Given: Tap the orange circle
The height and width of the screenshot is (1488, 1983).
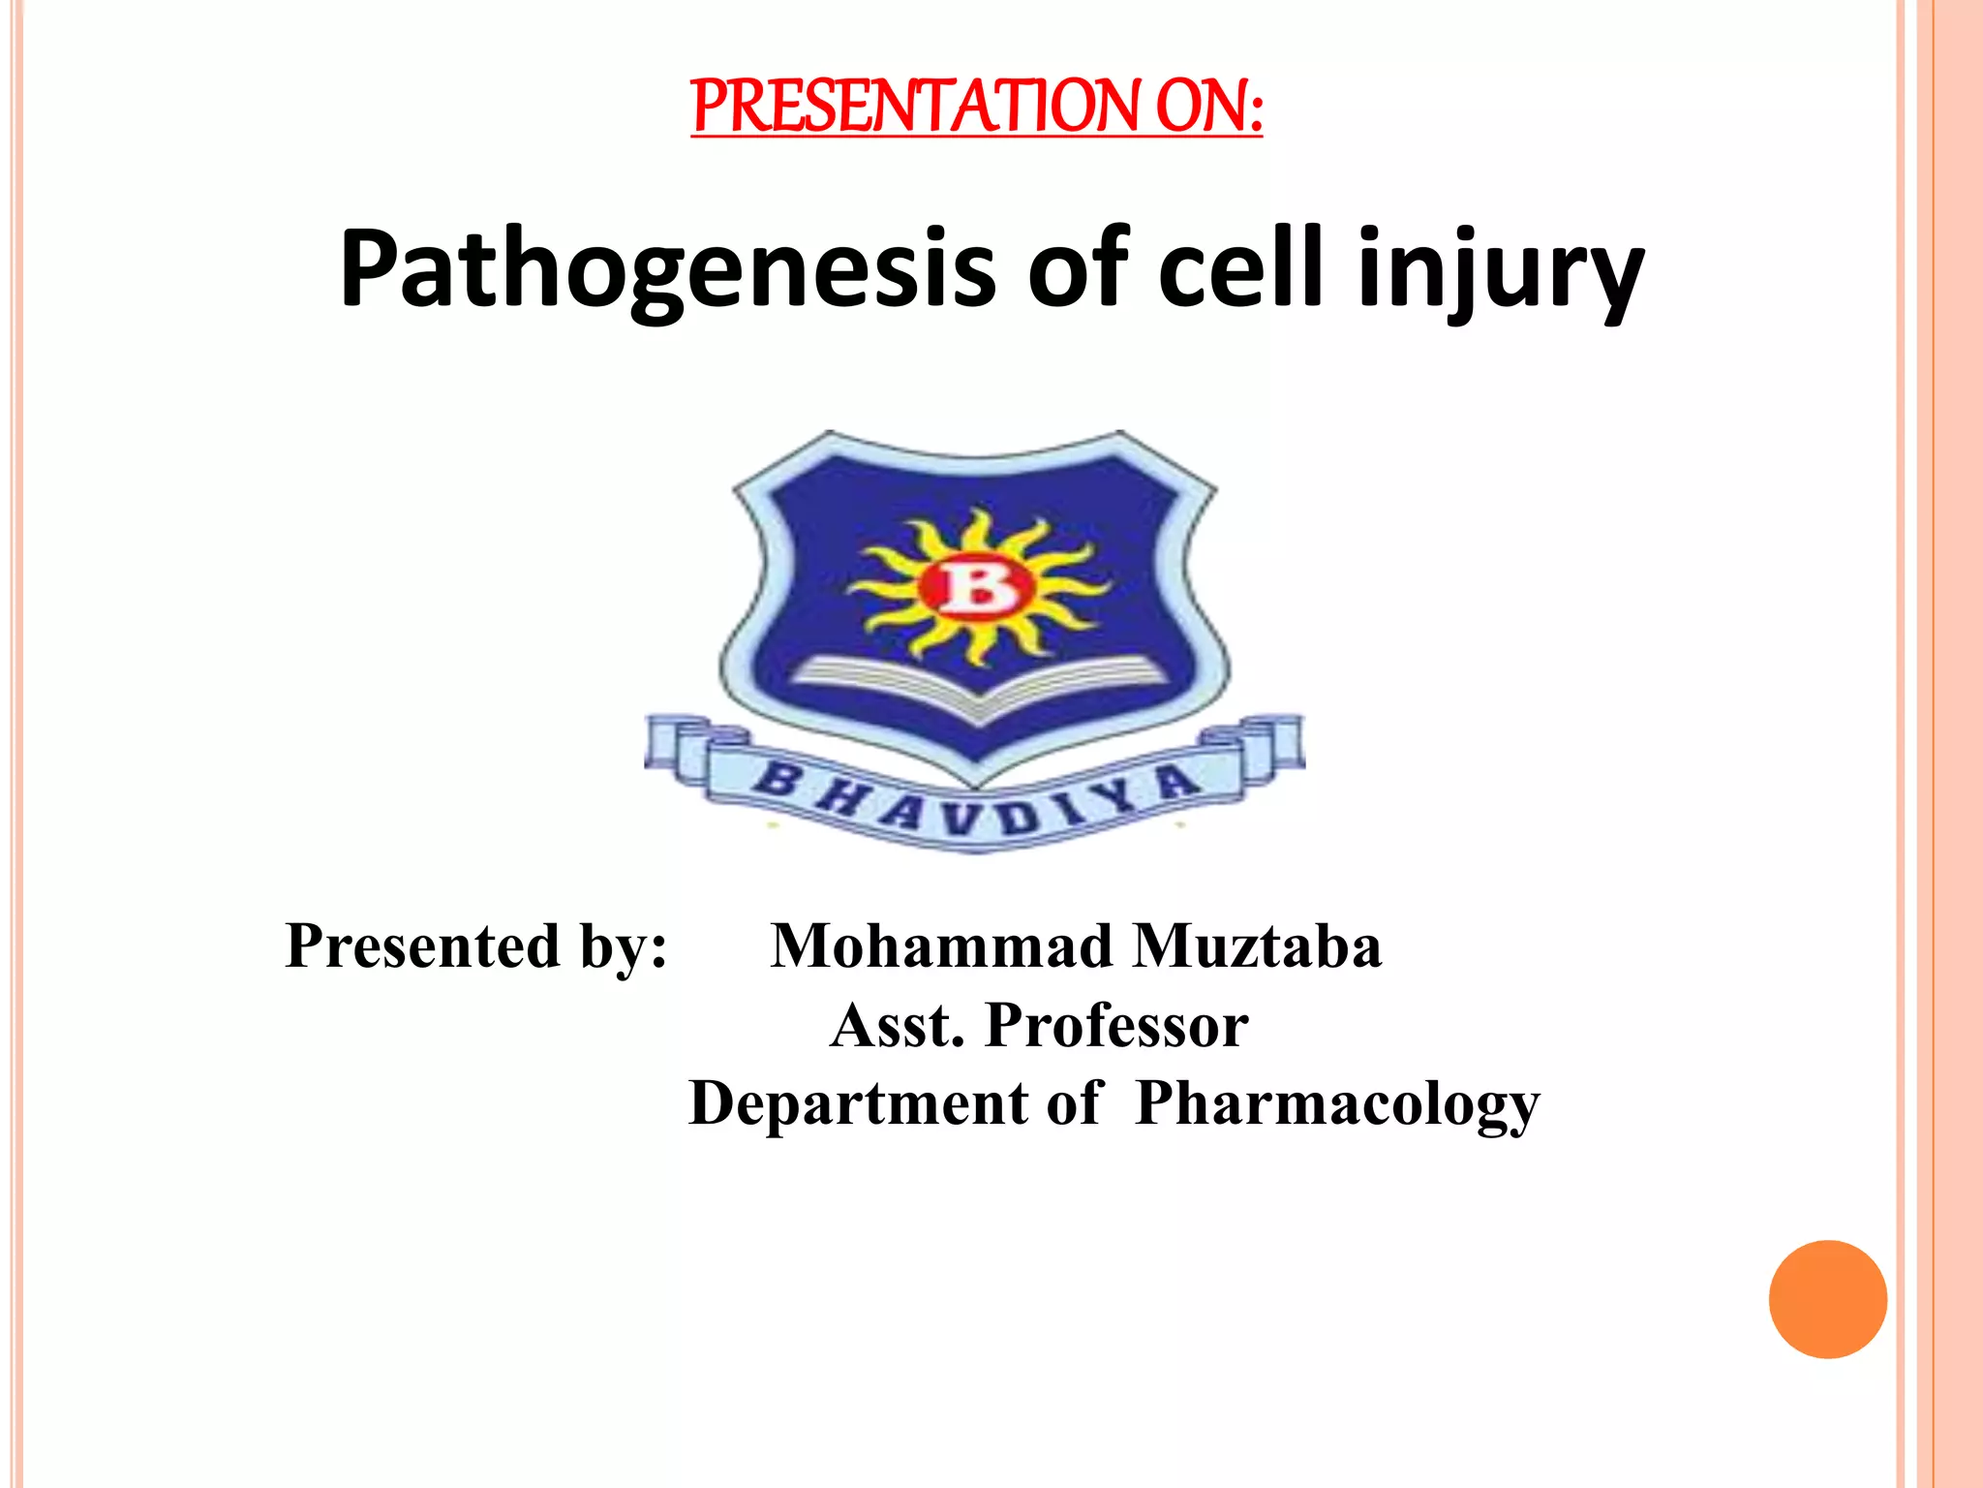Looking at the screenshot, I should [1827, 1299].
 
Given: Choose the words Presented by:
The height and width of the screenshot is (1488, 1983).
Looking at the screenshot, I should [476, 946].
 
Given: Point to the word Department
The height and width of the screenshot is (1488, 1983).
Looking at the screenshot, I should [858, 1104].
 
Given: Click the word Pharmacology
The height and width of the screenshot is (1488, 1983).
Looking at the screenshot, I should [1337, 1104].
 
